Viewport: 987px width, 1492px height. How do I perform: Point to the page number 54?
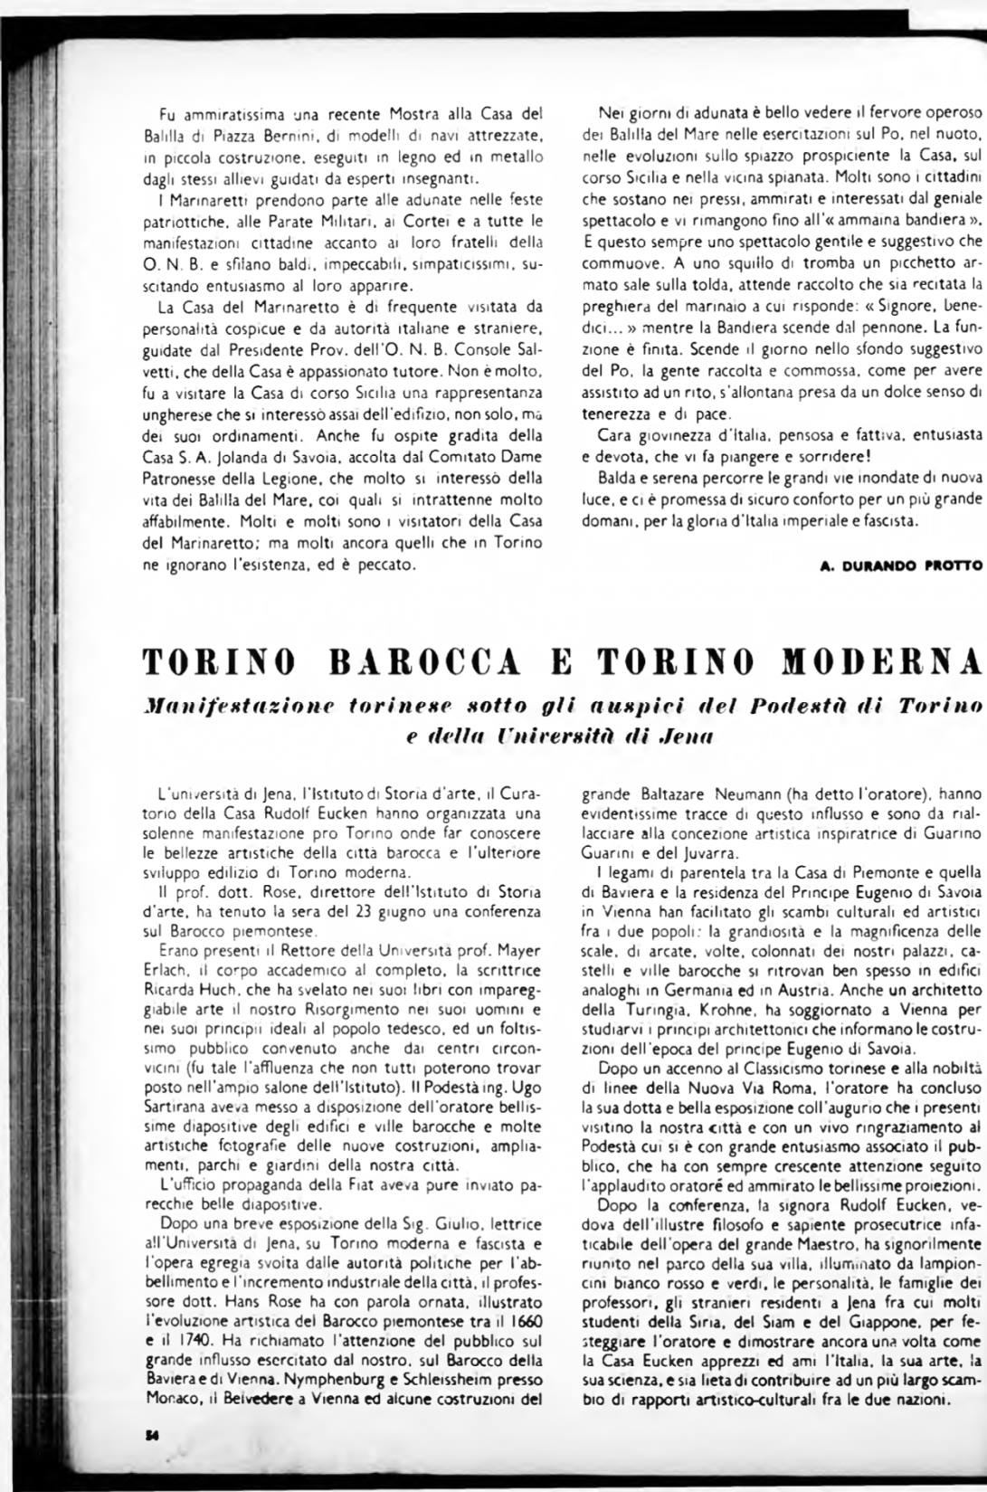(151, 1437)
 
